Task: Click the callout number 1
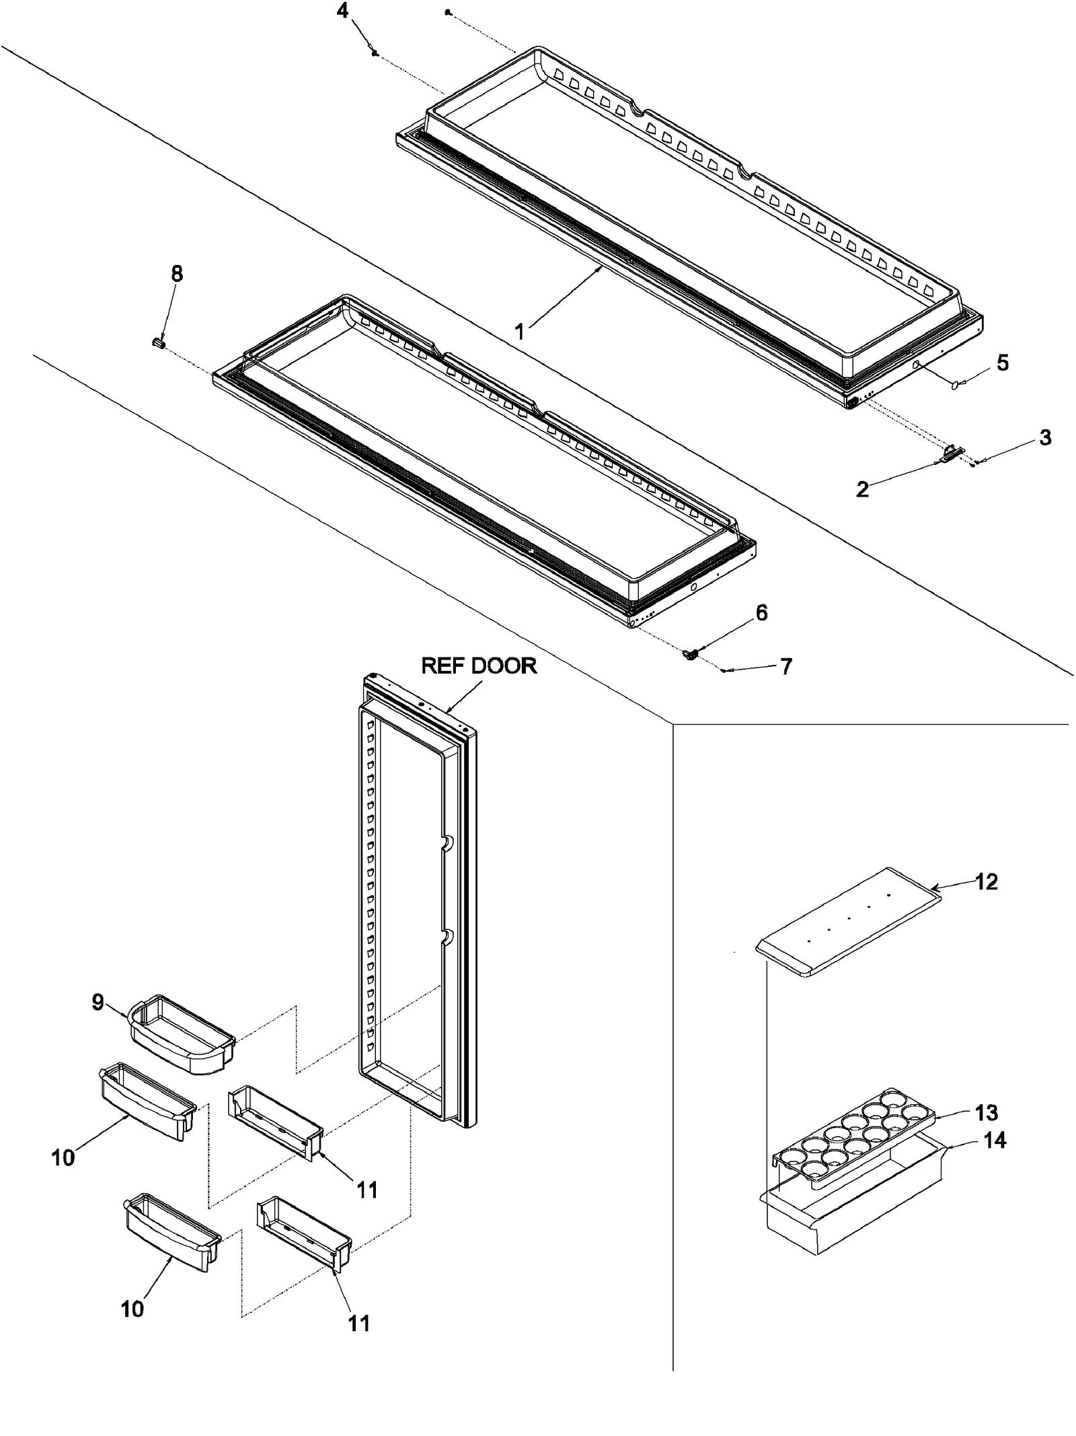pyautogui.click(x=518, y=332)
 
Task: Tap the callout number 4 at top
pyautogui.click(x=343, y=11)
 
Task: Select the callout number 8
pyautogui.click(x=177, y=274)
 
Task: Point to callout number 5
pyautogui.click(x=1002, y=363)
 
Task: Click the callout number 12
pyautogui.click(x=986, y=882)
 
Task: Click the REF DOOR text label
pyautogui.click(x=479, y=666)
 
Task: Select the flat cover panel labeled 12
pyautogui.click(x=847, y=931)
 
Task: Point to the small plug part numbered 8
pyautogui.click(x=158, y=343)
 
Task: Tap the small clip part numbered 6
pyautogui.click(x=689, y=653)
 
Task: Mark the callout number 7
pyautogui.click(x=785, y=667)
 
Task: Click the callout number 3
pyautogui.click(x=1044, y=437)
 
